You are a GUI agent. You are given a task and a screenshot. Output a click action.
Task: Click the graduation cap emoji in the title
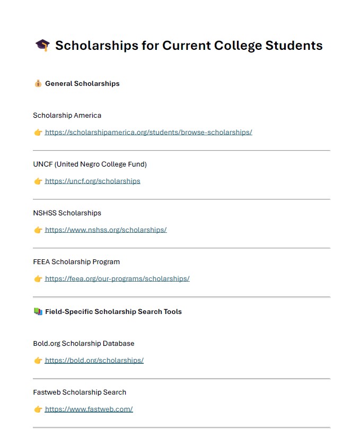coord(42,46)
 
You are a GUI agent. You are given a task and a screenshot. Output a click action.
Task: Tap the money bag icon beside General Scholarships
coord(38,84)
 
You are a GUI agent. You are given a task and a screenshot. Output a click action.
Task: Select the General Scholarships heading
coord(82,84)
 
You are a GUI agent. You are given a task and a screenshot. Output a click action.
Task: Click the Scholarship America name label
coord(67,116)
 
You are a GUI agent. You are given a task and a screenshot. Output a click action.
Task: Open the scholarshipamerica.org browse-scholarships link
coord(148,133)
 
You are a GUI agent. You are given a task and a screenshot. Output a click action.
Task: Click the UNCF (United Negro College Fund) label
coord(90,164)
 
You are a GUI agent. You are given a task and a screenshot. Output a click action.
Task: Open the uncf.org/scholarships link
coord(93,181)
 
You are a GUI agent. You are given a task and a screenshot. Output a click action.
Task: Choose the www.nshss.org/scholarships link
coord(106,230)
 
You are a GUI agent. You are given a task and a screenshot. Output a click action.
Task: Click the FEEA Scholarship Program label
coord(76,262)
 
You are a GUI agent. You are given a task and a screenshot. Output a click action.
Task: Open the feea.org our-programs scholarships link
coord(117,279)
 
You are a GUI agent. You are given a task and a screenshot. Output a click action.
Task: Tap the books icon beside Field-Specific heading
coord(38,312)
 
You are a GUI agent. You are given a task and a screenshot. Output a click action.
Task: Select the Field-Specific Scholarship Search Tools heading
coord(113,312)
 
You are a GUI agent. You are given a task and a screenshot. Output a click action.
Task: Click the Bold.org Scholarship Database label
coord(84,344)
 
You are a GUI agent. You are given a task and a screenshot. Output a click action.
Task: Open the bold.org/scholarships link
coord(94,361)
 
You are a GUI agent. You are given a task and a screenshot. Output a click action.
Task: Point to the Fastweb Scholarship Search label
coord(80,392)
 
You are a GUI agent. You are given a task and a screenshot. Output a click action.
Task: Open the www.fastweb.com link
coord(89,409)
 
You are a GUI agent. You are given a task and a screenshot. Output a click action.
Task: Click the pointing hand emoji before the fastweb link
coord(38,409)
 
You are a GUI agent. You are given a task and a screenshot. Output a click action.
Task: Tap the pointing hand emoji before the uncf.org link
coord(38,181)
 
